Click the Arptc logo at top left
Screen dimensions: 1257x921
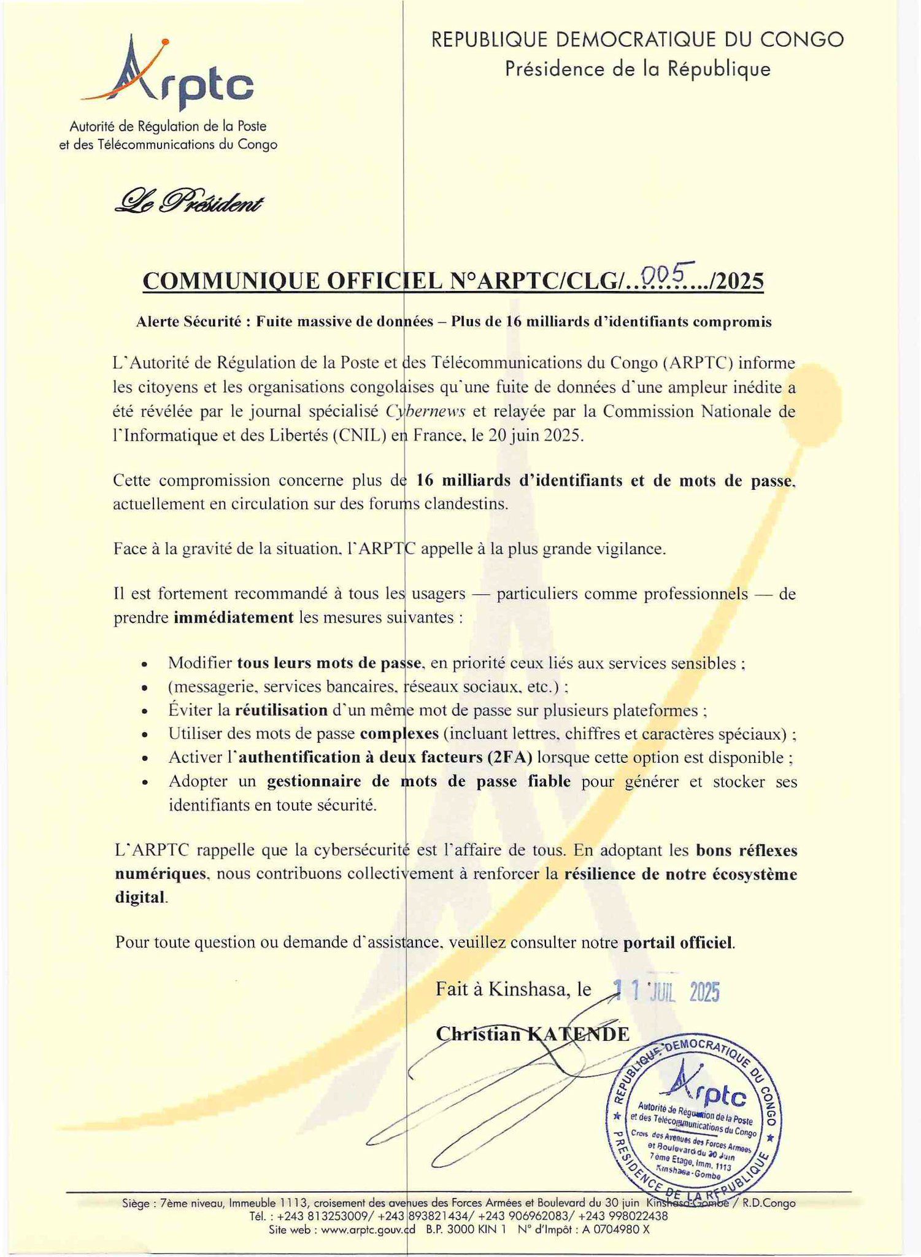coord(166,74)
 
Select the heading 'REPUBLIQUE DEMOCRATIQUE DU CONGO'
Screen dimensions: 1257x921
coord(638,41)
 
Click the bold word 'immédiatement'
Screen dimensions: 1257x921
coord(234,617)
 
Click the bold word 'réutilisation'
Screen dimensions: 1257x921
coord(281,710)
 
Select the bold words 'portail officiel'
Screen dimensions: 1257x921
coord(678,943)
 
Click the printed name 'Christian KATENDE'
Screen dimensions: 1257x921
coord(533,1034)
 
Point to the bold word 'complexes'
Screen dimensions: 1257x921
coord(399,734)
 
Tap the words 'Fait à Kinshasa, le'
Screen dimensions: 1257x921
coord(514,989)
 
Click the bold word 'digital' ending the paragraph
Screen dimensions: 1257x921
coord(140,897)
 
